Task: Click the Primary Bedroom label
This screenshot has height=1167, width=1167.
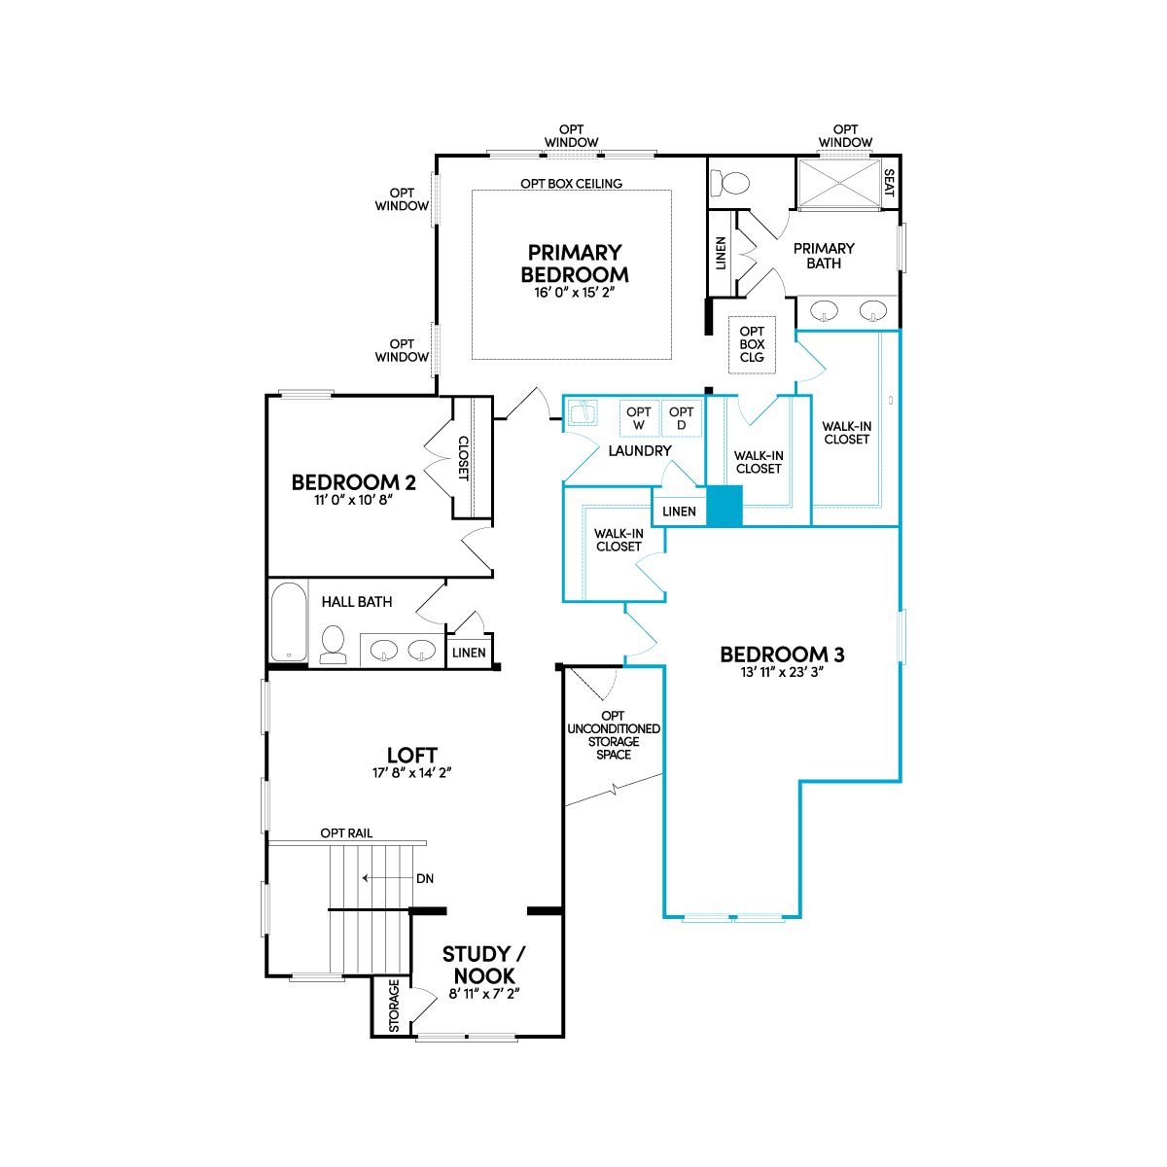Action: click(x=574, y=264)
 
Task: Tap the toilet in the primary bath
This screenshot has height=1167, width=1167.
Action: click(x=730, y=182)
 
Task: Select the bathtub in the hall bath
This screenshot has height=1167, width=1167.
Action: click(x=288, y=621)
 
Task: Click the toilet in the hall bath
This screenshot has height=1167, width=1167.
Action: click(x=333, y=646)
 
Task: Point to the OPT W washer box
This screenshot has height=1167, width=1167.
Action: click(x=639, y=418)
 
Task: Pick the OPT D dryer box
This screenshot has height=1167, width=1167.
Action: click(x=682, y=418)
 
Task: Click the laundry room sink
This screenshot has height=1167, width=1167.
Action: click(x=582, y=412)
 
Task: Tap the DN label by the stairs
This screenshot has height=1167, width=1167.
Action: click(x=425, y=879)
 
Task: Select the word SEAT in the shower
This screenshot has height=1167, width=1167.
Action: click(x=889, y=182)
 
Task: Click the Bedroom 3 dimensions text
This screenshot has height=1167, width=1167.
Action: click(x=782, y=672)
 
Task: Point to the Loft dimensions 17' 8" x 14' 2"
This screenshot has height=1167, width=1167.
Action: click(x=411, y=773)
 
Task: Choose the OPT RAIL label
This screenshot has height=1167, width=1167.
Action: click(x=346, y=833)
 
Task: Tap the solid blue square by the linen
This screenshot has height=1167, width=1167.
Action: click(x=725, y=506)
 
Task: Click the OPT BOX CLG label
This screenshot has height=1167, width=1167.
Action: click(x=752, y=344)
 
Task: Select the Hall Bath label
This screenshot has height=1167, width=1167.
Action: click(x=357, y=602)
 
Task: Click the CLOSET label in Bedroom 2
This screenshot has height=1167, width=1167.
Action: click(x=463, y=458)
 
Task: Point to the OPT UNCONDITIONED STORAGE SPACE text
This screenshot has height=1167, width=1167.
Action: click(x=614, y=735)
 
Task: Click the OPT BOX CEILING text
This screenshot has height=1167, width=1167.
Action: click(x=571, y=184)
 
